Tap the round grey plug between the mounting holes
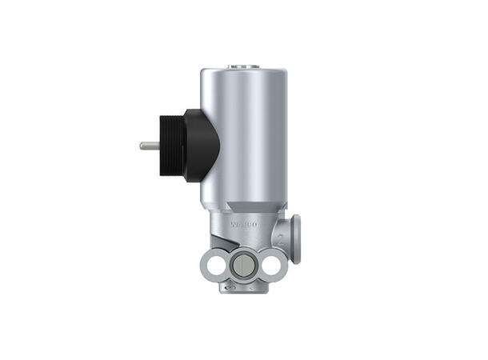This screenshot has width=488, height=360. [x=243, y=264]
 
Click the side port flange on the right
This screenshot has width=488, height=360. [x=295, y=239]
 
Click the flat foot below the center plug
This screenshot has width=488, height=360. [x=242, y=286]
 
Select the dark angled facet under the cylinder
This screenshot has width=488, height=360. [x=240, y=207]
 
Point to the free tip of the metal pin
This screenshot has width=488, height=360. [x=142, y=146]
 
